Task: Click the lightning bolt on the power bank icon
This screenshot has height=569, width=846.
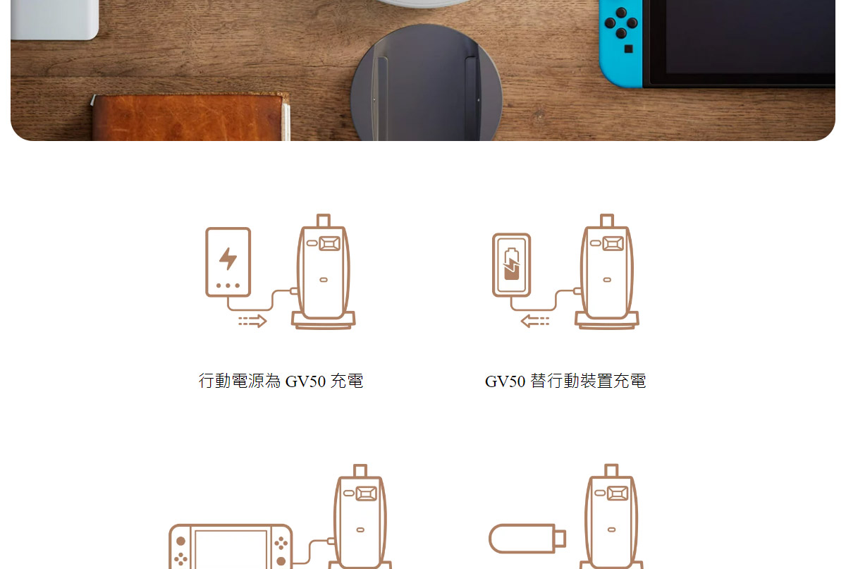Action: point(228,259)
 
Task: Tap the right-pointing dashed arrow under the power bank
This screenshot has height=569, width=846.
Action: point(252,322)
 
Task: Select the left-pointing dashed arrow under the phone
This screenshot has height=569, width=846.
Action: point(535,322)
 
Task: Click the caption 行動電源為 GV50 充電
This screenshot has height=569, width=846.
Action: point(281,381)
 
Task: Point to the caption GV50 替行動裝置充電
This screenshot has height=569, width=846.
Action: point(565,381)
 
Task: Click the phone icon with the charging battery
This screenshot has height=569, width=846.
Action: point(511,265)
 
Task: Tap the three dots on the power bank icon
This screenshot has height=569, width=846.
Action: point(228,286)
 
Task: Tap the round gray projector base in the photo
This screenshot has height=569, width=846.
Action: point(427,85)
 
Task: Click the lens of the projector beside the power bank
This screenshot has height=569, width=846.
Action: point(330,243)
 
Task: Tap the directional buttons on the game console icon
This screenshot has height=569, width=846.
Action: point(180,558)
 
